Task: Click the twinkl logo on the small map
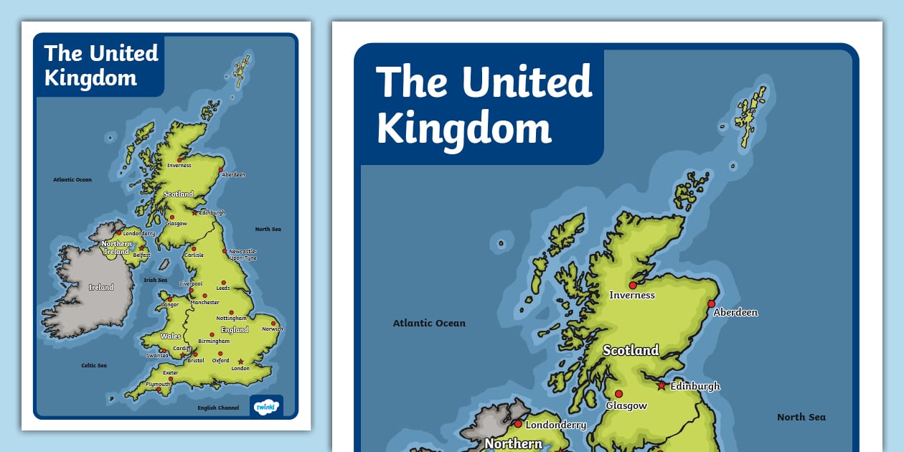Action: pyautogui.click(x=265, y=406)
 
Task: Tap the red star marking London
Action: pyautogui.click(x=241, y=362)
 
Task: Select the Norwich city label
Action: pyautogui.click(x=273, y=329)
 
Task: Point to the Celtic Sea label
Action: pyautogui.click(x=94, y=365)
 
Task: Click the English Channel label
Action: pyautogui.click(x=218, y=408)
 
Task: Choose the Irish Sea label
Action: pyautogui.click(x=156, y=281)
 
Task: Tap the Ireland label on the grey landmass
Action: pyautogui.click(x=101, y=287)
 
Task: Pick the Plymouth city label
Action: pyautogui.click(x=158, y=385)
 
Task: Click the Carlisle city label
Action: pyautogui.click(x=194, y=255)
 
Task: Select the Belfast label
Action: pyautogui.click(x=141, y=255)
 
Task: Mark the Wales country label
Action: pyautogui.click(x=171, y=336)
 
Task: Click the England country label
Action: pyautogui.click(x=235, y=330)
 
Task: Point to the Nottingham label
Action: pyautogui.click(x=231, y=318)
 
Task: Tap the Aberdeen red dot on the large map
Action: pyautogui.click(x=711, y=304)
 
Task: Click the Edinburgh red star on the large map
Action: pyautogui.click(x=661, y=385)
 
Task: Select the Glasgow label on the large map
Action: pyautogui.click(x=626, y=405)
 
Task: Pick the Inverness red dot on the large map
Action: pyautogui.click(x=632, y=285)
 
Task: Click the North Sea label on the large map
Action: pyautogui.click(x=801, y=417)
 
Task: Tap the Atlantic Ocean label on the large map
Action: pyautogui.click(x=429, y=323)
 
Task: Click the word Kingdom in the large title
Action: pyautogui.click(x=464, y=129)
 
